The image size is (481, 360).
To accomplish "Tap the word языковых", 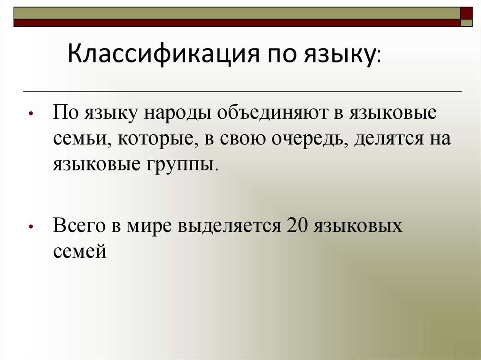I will (359, 226).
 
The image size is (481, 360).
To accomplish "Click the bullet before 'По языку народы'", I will (30, 115).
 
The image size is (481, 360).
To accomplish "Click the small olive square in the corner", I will (466, 23).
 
